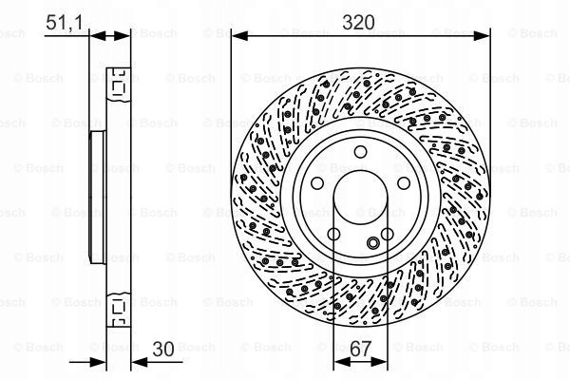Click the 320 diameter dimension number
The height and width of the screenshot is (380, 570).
coord(358,23)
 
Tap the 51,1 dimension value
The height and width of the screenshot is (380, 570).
coord(64,23)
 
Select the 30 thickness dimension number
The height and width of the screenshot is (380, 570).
coord(163,350)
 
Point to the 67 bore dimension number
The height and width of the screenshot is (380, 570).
coord(361,349)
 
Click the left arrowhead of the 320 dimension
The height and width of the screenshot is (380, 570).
coord(240,36)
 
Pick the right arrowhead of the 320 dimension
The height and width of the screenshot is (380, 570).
coord(482,36)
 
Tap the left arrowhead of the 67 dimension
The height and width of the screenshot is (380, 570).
coord(342,361)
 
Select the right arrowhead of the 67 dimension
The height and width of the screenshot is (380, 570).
coord(379,361)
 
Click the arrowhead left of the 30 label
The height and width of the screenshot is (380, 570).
coord(139,362)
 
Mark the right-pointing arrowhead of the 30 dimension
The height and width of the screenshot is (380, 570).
coord(98,362)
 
